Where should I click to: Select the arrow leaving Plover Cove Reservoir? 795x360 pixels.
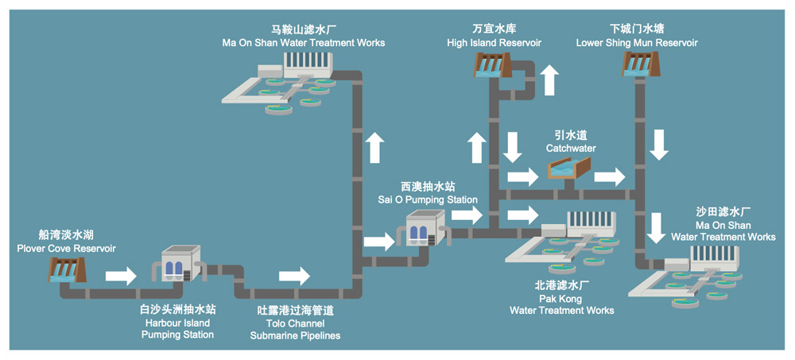point(121,276)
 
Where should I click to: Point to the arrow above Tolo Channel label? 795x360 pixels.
point(294,276)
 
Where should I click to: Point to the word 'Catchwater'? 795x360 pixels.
point(571,148)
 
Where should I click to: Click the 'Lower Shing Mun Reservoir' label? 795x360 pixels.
point(637,42)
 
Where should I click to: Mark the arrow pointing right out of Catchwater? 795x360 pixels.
point(611,176)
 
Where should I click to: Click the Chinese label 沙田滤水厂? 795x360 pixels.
point(723,212)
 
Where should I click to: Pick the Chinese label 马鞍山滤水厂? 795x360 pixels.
point(303,29)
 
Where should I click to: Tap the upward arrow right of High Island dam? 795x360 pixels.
point(549,81)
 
